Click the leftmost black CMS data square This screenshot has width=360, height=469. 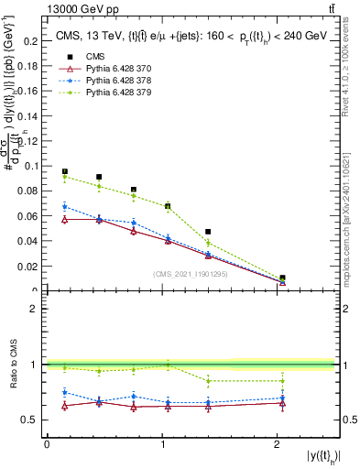65,171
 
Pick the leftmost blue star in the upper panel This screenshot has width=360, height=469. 65,206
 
